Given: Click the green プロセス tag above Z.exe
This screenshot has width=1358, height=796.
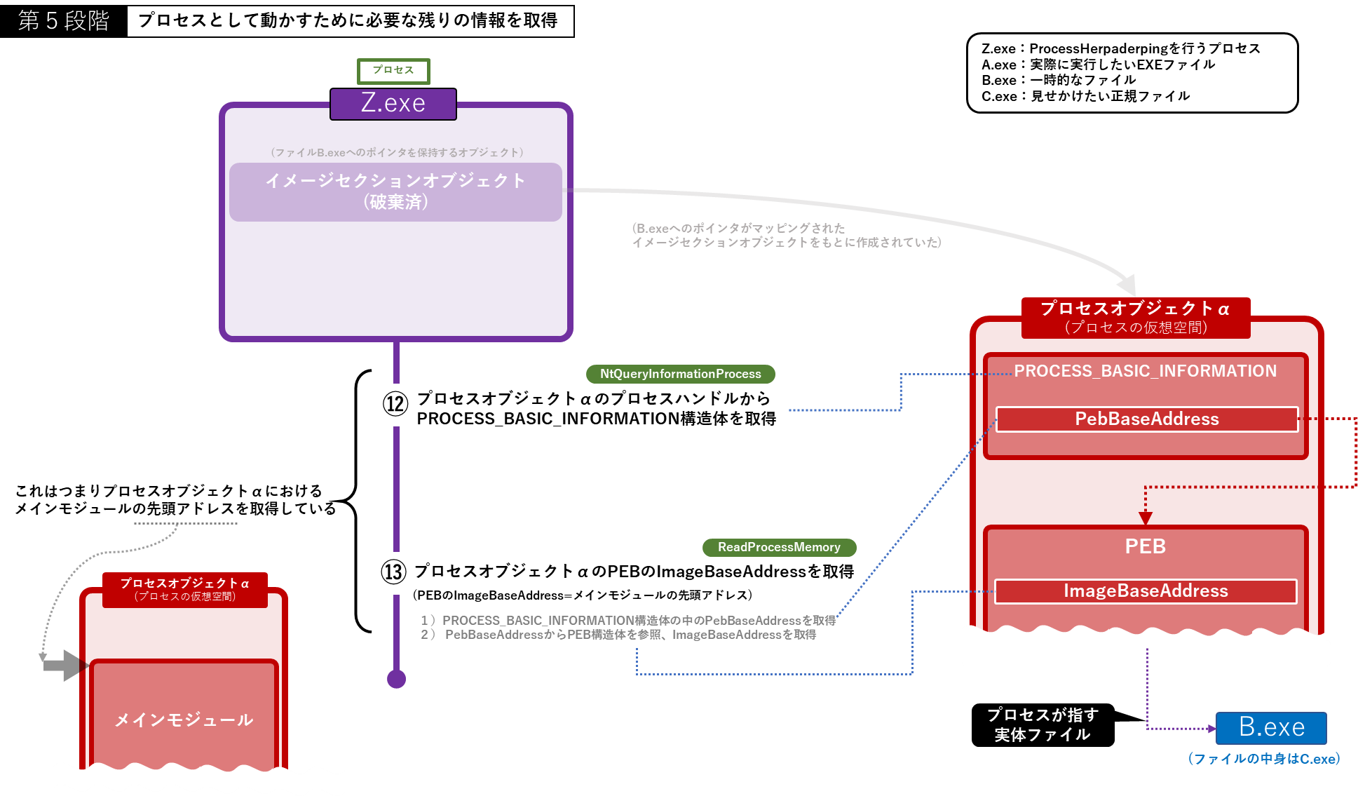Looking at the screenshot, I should pos(393,71).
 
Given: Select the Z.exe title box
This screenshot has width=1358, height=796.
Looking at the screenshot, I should pos(393,104).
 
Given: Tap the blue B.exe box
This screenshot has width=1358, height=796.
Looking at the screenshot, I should pos(1271,728).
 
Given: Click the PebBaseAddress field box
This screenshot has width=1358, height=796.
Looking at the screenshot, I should pos(1147,419).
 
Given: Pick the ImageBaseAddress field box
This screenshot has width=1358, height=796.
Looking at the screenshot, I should pos(1146,591).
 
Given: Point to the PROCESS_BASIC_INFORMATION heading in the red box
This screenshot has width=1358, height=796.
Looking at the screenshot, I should pos(1145,371).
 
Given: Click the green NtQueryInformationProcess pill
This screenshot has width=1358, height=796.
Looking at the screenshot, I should pos(680,374).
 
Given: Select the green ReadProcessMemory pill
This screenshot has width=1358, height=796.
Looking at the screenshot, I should pos(779,547).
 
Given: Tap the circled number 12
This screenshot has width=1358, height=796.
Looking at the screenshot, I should pos(395,403).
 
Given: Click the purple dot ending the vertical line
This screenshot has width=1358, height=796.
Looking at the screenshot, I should pos(397,679).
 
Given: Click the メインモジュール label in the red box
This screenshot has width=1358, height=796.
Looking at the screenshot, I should pos(184,720).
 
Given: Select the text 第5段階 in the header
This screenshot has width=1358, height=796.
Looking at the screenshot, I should pos(63,21).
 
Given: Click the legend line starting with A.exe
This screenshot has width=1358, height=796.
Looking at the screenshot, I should pos(1098,65).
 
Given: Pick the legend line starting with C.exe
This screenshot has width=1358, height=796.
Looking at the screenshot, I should pos(1085,96).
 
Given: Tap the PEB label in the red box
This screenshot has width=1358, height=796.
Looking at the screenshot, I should pos(1145,546).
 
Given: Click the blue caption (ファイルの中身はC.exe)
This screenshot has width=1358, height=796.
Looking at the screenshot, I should pos(1263,759).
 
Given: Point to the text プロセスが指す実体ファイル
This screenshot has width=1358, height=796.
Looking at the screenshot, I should pos(1043,724).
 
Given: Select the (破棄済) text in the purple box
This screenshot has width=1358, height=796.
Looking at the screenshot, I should pos(396,202).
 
